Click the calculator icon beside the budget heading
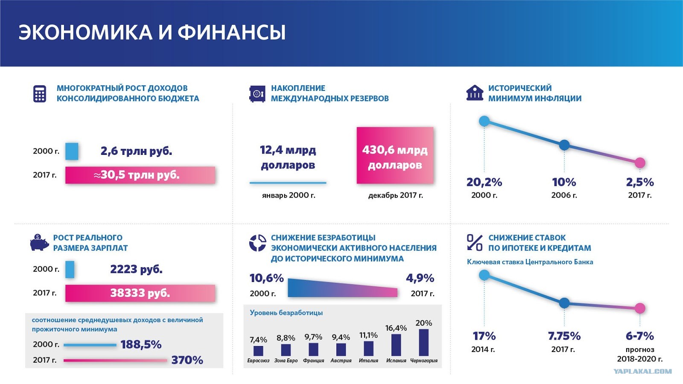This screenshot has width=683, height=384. tap(40, 94)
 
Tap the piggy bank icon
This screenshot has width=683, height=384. tap(39, 243)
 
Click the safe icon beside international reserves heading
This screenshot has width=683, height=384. tap(257, 94)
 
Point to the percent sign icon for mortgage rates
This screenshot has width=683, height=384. tap(475, 243)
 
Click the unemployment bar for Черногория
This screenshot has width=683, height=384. tap(424, 342)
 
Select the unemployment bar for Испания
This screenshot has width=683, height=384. tap(396, 345)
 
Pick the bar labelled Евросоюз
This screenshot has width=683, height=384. tap(258, 351)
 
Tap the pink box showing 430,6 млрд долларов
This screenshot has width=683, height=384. tap(395, 155)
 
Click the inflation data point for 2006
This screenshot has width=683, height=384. tap(564, 145)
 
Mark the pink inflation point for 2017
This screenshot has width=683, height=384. tap(640, 163)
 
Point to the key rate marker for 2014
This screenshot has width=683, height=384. tap(484, 275)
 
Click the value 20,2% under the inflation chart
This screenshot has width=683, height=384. tap(484, 182)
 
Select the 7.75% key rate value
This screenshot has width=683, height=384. tap(564, 336)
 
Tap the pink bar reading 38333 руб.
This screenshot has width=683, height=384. tap(140, 293)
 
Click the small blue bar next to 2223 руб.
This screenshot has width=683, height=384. tap(70, 269)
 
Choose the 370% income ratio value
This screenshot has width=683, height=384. tap(187, 360)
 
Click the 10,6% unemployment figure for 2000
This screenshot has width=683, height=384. tap(267, 278)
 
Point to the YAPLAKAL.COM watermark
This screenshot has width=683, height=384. tap(642, 371)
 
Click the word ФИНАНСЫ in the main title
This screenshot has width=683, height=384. tap(232, 32)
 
